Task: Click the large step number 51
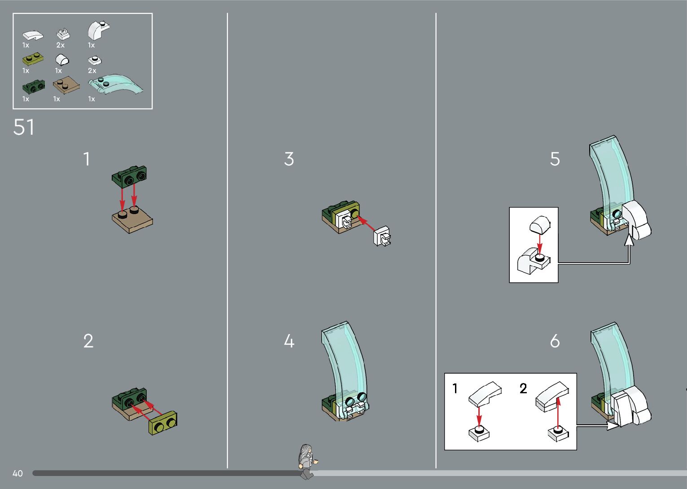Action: [x=24, y=127]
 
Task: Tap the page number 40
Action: [x=18, y=473]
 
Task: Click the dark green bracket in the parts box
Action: [x=33, y=87]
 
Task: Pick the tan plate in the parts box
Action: [x=66, y=86]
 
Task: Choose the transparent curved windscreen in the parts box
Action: [x=116, y=84]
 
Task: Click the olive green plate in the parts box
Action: [x=33, y=59]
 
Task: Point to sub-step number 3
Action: [x=289, y=159]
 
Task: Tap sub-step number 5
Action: [x=555, y=159]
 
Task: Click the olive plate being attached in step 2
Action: [x=162, y=423]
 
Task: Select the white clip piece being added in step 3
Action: [x=382, y=236]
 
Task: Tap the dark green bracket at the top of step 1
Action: [x=129, y=177]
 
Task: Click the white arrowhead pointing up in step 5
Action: [x=629, y=240]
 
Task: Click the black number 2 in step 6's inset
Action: [x=523, y=388]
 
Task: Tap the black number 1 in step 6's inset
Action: [x=455, y=388]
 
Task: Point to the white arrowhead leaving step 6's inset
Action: [x=613, y=425]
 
